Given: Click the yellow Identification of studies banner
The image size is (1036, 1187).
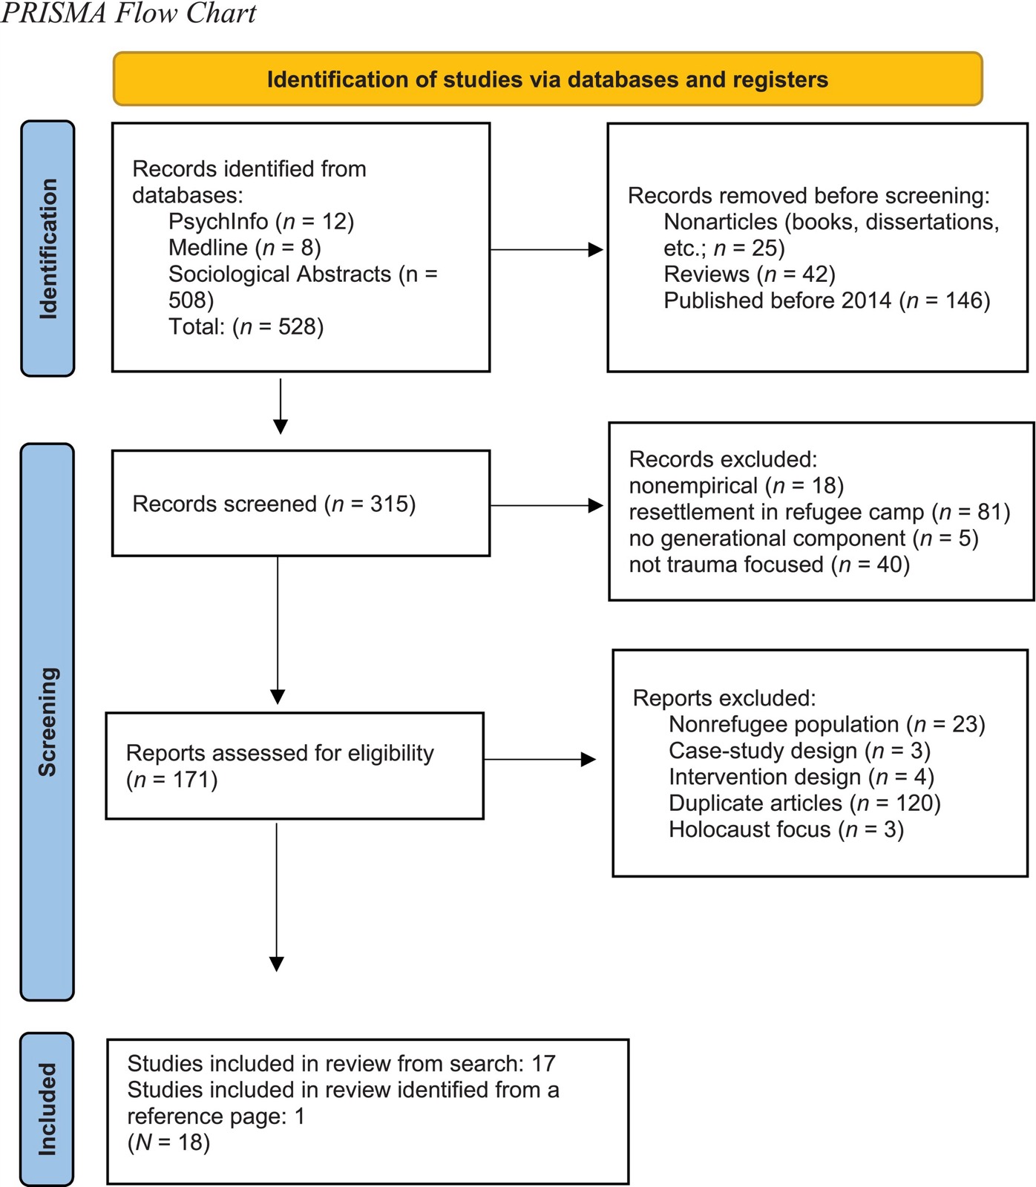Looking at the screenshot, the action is coord(548,79).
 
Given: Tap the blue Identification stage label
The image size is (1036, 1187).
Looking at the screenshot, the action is coord(47,249).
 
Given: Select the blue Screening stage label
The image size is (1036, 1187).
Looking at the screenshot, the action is coord(47,722).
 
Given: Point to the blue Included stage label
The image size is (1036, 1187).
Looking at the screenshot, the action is coord(47,1109).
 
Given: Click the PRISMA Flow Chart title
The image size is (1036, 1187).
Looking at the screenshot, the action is coord(128,13).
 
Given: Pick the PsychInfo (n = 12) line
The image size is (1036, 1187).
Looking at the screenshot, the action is coord(261,221).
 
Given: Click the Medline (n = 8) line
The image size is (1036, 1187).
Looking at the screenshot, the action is coord(245,247).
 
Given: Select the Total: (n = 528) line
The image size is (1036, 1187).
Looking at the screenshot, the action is coord(246,326).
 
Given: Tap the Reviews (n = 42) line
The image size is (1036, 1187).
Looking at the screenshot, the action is coord(750,274).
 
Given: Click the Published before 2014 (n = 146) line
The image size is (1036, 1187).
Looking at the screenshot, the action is coord(827,300).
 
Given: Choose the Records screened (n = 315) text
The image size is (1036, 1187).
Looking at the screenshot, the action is coord(274,504).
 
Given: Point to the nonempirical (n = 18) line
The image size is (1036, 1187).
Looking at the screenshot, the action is coord(736,485).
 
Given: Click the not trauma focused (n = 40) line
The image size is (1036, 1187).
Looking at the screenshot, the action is coord(769,565).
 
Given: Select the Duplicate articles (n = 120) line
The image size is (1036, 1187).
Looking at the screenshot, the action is coord(804,803).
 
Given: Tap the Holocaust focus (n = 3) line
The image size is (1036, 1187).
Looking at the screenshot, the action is coord(786,829).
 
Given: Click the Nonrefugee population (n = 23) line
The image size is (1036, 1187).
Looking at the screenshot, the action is coord(827,724).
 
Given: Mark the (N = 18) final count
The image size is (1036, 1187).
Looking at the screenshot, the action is coord(168,1142).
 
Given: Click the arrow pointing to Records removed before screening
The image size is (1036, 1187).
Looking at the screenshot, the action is coord(547,250).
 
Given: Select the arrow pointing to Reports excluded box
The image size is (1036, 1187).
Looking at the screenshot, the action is coord(540,759).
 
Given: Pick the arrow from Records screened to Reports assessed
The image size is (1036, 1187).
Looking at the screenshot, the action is coord(278,631).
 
